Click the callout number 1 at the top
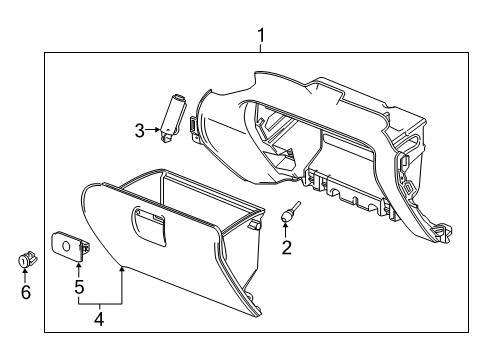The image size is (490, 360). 261,39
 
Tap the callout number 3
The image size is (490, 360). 141,129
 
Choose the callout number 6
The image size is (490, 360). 26,293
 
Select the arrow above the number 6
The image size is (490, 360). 26,276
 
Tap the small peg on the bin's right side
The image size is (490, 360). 260,226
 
